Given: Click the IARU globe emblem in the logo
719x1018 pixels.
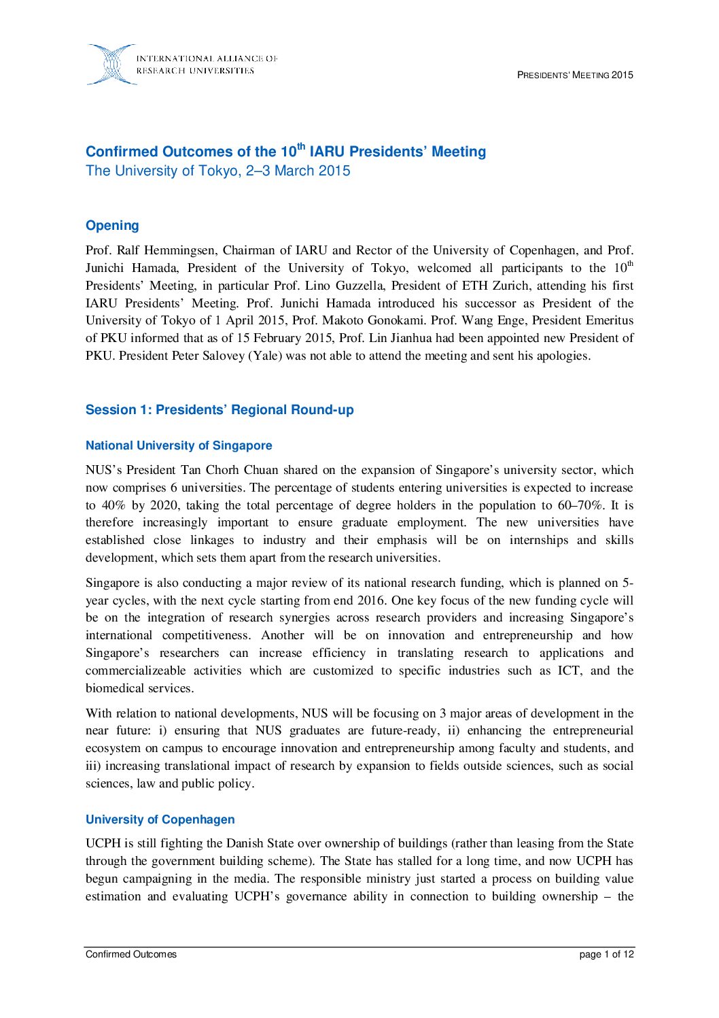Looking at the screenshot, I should [x=111, y=65].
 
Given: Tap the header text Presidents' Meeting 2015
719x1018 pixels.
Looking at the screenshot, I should [x=575, y=75].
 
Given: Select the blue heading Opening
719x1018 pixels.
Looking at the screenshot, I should [x=112, y=226].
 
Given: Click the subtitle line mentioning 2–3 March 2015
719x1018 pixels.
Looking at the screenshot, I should [x=217, y=171].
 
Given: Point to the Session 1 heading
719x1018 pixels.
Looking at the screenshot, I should [x=220, y=410].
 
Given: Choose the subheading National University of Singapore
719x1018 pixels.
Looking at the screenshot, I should [x=179, y=446].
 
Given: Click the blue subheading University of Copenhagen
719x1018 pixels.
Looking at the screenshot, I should [x=160, y=820].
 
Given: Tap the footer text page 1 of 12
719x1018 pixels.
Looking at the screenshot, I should [x=606, y=955].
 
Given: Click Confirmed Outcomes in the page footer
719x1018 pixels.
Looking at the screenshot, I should [x=131, y=955].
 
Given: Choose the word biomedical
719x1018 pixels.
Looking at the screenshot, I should [x=114, y=689].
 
